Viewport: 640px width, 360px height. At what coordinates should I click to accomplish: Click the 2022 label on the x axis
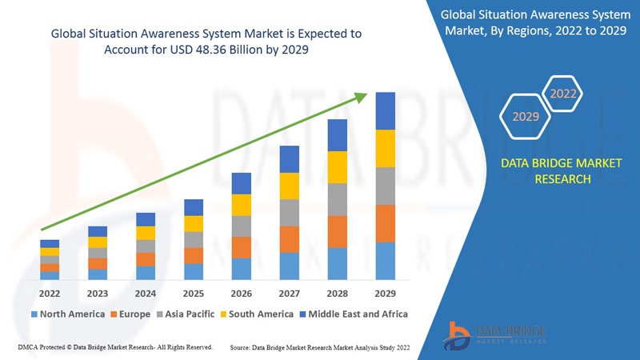point(50,293)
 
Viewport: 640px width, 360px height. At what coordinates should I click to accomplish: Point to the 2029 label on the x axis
point(386,293)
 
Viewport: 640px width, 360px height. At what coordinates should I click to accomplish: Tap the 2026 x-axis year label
point(242,293)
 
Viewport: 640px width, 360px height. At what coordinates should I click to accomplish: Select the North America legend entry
point(67,314)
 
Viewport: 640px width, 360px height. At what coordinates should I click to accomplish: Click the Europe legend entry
point(130,314)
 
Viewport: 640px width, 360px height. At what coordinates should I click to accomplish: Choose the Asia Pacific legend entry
point(186,314)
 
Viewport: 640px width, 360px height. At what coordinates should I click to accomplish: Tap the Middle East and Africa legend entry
point(353,314)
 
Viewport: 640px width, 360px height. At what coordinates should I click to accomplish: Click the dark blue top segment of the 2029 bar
point(386,110)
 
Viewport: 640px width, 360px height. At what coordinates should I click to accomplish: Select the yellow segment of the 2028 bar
point(338,166)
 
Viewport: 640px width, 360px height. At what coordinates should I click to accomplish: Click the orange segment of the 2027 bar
point(290,239)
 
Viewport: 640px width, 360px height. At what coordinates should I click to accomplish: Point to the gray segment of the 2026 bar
point(242,226)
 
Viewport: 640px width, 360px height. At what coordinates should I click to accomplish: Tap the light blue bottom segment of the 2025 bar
point(194,271)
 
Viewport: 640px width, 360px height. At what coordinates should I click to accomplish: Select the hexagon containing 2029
point(526,117)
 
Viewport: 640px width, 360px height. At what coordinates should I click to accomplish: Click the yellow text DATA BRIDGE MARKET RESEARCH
point(549,171)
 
